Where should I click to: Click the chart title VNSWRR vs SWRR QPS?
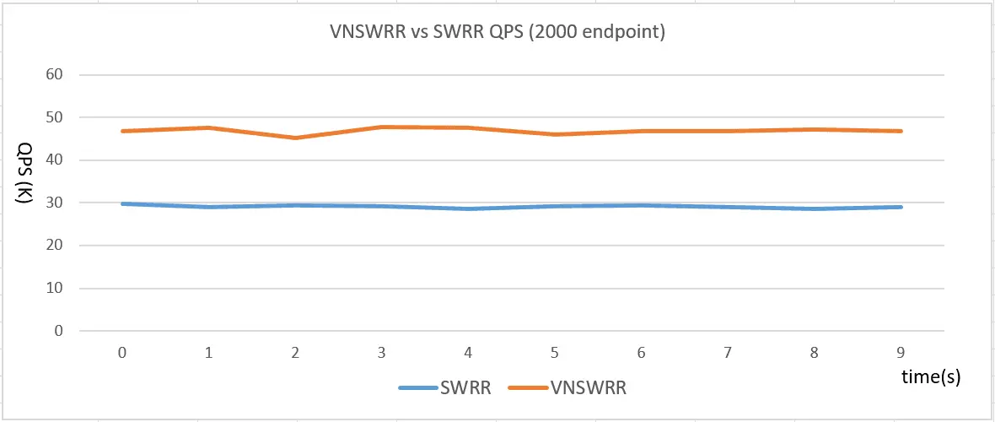tap(497, 34)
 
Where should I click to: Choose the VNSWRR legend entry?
tap(568, 388)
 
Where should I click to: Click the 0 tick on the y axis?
tap(59, 331)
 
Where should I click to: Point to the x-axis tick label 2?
tap(296, 353)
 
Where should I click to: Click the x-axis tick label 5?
tap(555, 353)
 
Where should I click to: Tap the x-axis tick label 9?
tap(901, 353)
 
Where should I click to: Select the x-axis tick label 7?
tap(728, 353)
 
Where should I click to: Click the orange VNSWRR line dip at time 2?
tap(296, 138)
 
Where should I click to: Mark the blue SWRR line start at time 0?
tap(123, 203)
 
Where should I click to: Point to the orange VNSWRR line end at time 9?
tap(901, 131)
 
